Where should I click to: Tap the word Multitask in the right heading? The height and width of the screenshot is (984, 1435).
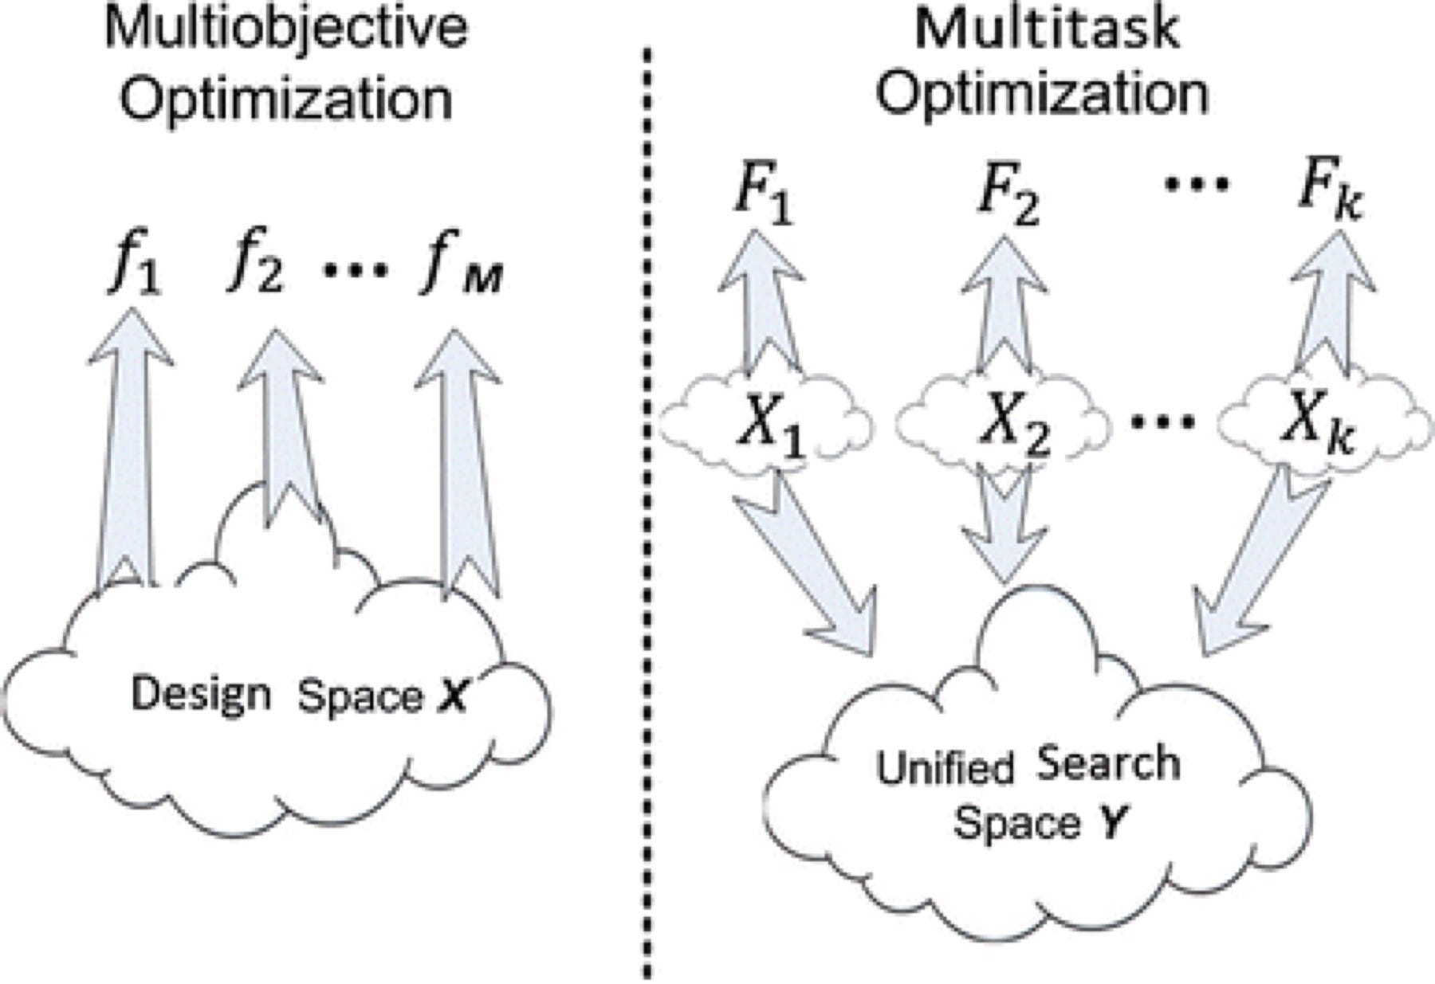point(1047,30)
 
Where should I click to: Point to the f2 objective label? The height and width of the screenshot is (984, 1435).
point(254,269)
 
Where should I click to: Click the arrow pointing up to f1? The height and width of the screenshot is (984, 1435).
point(128,446)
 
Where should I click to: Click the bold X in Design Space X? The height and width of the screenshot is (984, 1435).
point(452,698)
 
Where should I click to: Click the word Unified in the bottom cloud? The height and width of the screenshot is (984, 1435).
point(944,770)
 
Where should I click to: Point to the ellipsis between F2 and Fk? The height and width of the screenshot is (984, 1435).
point(1197,185)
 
